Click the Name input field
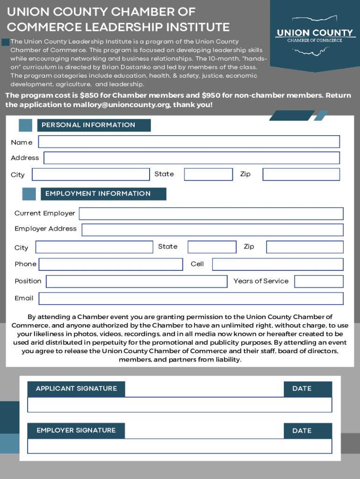[x=189, y=142]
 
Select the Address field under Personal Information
[x=192, y=158]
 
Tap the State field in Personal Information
[x=208, y=174]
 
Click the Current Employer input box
[x=211, y=214]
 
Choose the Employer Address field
[x=212, y=230]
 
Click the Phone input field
[x=111, y=264]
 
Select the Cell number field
[x=278, y=264]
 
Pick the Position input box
[x=137, y=282]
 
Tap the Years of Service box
[x=319, y=282]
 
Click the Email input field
[x=191, y=298]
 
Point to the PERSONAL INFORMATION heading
[x=88, y=125]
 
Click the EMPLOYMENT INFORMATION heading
[x=98, y=194]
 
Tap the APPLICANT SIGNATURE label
[x=76, y=389]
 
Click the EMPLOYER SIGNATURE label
[x=76, y=430]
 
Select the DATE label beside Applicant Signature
[x=302, y=389]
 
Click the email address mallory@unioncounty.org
[x=122, y=105]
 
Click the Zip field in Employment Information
[x=305, y=247]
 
